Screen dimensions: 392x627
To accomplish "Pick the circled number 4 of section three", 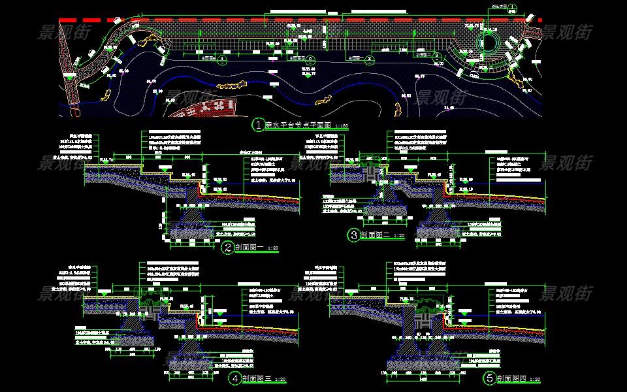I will [234, 378].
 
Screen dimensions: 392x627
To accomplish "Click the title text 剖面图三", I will [255, 378].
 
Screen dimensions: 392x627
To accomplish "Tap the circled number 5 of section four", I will [489, 378].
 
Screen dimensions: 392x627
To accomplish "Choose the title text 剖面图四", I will [510, 378].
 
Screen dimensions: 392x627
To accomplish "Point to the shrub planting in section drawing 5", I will [425, 302].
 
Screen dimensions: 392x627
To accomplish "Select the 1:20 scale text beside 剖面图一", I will [273, 249].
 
